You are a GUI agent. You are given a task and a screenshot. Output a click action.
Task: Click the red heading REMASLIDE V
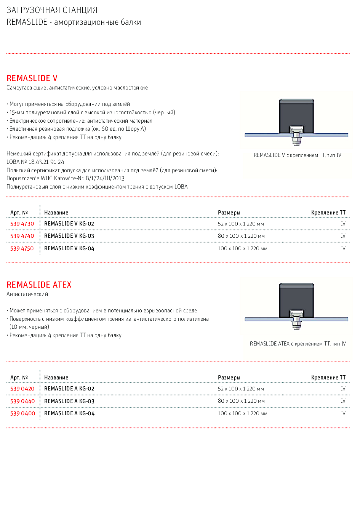(x=32, y=78)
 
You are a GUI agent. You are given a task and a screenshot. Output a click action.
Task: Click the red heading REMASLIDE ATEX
(x=39, y=285)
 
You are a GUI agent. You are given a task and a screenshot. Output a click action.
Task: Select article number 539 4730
(x=22, y=224)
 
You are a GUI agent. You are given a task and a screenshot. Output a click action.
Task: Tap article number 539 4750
(x=22, y=249)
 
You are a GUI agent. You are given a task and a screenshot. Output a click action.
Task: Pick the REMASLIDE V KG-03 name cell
(x=69, y=236)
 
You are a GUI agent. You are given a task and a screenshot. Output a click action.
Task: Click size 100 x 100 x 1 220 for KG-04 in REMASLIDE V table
(x=242, y=249)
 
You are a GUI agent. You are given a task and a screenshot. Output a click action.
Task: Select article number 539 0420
(x=22, y=389)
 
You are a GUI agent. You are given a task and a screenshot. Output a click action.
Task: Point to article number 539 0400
(x=22, y=414)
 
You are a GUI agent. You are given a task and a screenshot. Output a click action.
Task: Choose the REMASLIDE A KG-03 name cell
(x=69, y=401)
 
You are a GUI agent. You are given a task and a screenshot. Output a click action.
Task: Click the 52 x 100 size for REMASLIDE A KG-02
(x=241, y=389)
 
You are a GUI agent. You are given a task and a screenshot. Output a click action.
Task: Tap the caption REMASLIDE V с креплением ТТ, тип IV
(x=297, y=155)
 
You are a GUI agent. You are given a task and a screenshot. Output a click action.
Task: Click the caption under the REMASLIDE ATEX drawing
(x=298, y=344)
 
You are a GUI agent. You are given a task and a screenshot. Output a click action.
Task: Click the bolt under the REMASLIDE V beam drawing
(x=296, y=139)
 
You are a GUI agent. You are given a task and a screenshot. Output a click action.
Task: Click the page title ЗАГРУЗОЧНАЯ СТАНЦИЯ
(x=52, y=10)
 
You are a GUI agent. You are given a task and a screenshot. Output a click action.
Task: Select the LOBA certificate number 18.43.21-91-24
(x=46, y=162)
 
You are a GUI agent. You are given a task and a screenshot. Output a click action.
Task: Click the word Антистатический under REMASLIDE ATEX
(x=27, y=294)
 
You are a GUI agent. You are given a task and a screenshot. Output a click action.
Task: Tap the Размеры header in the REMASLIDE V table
(x=229, y=213)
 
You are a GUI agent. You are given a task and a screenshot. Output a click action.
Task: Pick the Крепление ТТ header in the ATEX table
(x=328, y=378)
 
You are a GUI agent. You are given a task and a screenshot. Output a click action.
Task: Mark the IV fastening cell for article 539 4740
(x=343, y=236)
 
